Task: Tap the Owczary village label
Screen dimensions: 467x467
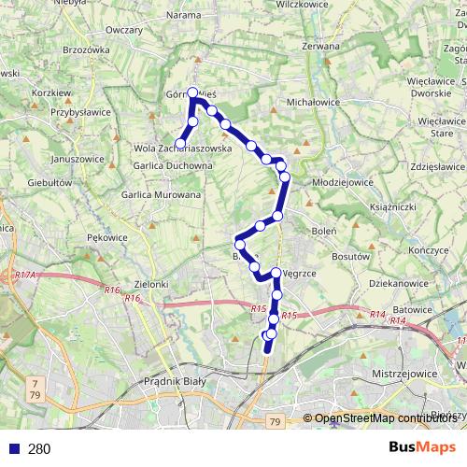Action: (x=124, y=30)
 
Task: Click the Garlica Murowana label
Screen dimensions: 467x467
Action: (x=161, y=195)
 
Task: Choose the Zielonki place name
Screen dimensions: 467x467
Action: (x=151, y=283)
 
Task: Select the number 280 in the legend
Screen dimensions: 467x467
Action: (x=39, y=449)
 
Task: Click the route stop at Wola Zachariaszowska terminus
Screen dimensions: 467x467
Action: (x=180, y=144)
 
